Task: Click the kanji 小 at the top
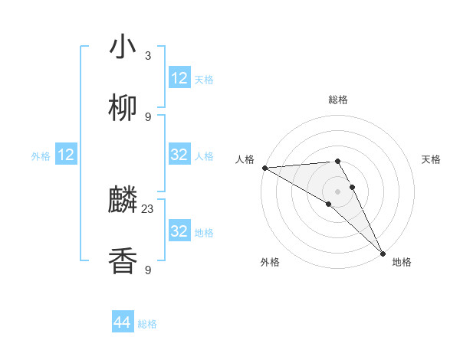123,47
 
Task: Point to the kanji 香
123,261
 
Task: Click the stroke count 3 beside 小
148,55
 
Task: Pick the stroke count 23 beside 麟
148,208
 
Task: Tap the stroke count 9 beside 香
148,270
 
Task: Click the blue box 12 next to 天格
179,78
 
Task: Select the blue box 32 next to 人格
179,155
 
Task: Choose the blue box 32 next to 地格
179,231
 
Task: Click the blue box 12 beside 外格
66,155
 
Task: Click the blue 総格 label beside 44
147,324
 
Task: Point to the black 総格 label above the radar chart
337,100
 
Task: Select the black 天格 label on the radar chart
432,159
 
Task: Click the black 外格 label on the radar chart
270,263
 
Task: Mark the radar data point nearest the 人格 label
264,167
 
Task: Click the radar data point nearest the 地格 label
383,253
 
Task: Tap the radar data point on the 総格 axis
337,161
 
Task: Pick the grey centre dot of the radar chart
337,191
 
